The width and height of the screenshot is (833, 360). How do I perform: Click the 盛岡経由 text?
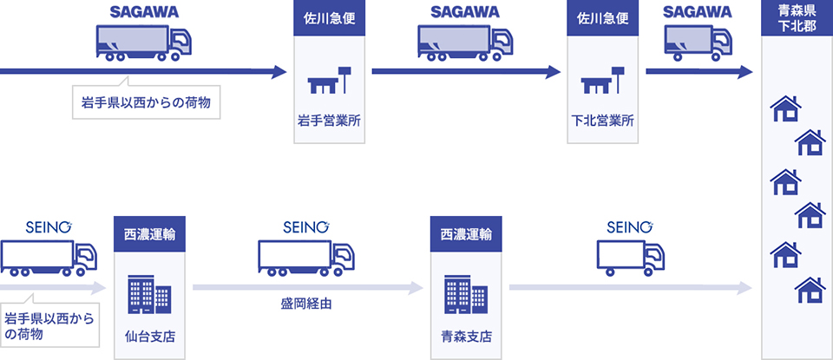306,304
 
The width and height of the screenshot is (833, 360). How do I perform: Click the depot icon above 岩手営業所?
329,80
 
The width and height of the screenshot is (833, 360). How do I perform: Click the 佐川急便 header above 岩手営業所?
329,18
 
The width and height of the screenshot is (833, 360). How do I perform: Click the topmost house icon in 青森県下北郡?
785,108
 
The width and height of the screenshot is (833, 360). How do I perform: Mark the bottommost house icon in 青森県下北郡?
810,289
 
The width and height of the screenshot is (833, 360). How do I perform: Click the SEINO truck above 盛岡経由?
306,257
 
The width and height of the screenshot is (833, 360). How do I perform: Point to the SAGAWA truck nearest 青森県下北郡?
698,43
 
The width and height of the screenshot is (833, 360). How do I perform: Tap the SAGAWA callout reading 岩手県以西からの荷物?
145,103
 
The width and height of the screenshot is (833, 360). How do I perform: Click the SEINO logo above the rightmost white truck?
629,227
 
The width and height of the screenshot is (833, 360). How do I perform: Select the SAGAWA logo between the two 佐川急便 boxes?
464,12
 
